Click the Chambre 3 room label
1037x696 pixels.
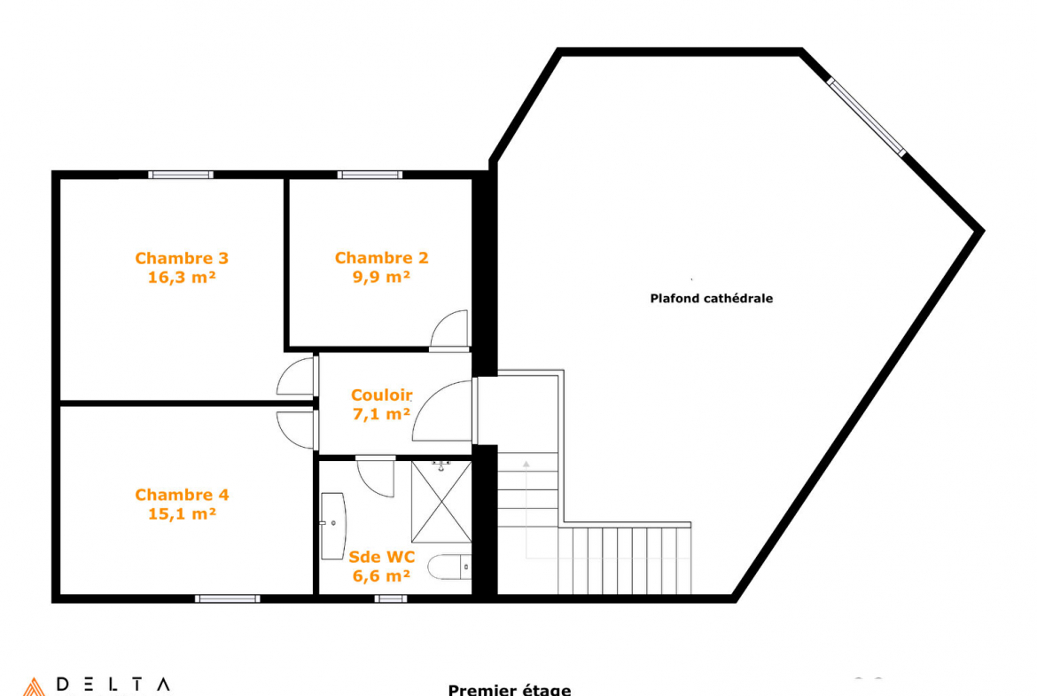[x=182, y=258]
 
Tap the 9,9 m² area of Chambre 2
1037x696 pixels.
[x=381, y=278]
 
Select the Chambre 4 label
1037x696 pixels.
[x=182, y=495]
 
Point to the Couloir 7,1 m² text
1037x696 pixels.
[x=382, y=404]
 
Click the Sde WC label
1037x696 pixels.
[x=382, y=557]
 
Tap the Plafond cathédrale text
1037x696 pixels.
[x=712, y=299]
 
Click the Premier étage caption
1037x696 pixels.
[x=510, y=690]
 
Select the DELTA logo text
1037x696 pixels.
[x=113, y=684]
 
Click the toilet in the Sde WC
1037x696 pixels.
[x=449, y=567]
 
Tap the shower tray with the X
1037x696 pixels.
[x=441, y=502]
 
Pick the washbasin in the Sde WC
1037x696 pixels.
[x=332, y=526]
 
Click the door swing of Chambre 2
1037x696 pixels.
[x=449, y=329]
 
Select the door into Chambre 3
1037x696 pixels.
[x=296, y=377]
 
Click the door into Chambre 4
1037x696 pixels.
[x=296, y=430]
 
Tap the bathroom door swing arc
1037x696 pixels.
[x=375, y=476]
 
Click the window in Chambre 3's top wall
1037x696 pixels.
[x=181, y=175]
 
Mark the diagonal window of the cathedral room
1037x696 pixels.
[x=866, y=117]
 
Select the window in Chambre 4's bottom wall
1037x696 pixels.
[x=228, y=598]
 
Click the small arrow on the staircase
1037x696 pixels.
[x=526, y=465]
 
